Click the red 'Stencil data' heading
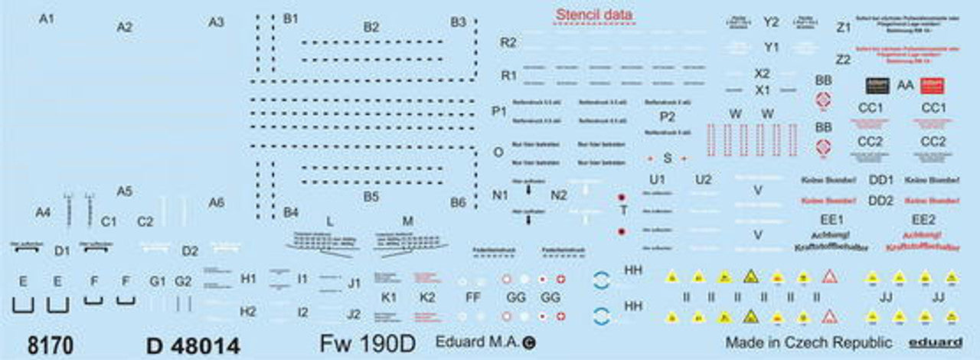click(x=594, y=15)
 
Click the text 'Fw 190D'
click(x=367, y=344)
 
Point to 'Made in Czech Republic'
click(x=808, y=342)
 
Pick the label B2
click(x=371, y=27)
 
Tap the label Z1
click(x=844, y=28)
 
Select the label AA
click(x=904, y=86)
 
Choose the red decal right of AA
click(x=933, y=86)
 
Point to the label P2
click(x=668, y=116)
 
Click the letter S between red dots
click(x=667, y=159)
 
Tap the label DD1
click(x=881, y=180)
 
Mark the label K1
click(x=389, y=296)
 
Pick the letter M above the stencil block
click(x=407, y=221)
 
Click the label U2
click(x=703, y=180)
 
